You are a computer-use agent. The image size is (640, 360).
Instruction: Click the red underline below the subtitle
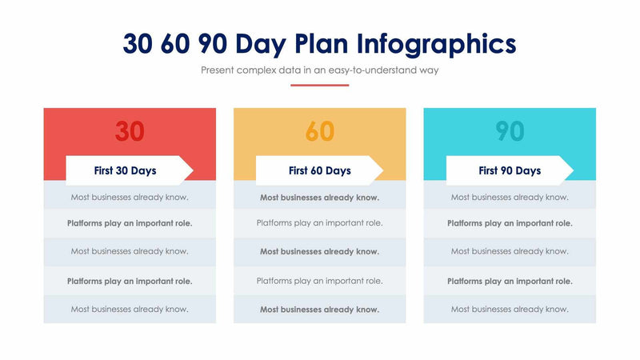[320, 85]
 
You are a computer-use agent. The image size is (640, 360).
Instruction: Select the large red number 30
[130, 130]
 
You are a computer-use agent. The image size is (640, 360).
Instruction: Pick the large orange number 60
[320, 130]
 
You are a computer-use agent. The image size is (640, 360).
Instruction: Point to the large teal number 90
[510, 130]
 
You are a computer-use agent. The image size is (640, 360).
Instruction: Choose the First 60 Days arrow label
[319, 170]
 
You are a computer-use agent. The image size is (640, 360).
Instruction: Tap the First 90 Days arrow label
[510, 170]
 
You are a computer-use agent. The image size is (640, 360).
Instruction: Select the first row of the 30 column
[130, 197]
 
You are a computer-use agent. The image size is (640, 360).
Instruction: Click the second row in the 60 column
[320, 223]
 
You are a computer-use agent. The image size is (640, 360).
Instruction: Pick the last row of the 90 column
[510, 309]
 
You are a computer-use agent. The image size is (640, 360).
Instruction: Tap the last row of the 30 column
[130, 309]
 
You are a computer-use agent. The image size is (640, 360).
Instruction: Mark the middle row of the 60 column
[320, 251]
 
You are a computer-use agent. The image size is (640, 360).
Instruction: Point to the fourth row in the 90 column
[510, 281]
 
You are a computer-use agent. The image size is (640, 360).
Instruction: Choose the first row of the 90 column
[510, 197]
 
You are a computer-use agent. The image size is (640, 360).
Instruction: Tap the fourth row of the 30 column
[130, 281]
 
